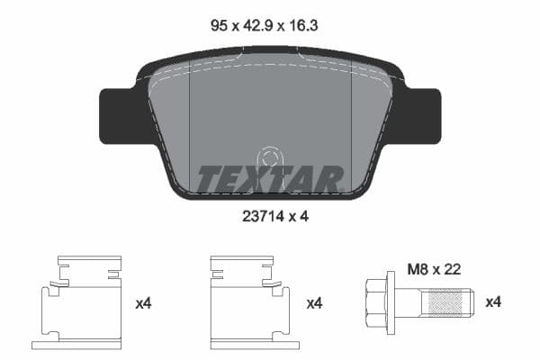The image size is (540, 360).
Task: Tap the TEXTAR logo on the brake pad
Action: (x=270, y=179)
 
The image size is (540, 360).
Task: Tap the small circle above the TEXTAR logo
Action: (x=267, y=158)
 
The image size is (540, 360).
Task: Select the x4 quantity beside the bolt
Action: (x=494, y=303)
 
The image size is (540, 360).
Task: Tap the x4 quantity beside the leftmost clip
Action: (x=143, y=303)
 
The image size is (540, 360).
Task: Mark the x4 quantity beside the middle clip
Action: (x=314, y=303)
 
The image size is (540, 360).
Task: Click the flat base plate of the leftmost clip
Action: (x=76, y=345)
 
